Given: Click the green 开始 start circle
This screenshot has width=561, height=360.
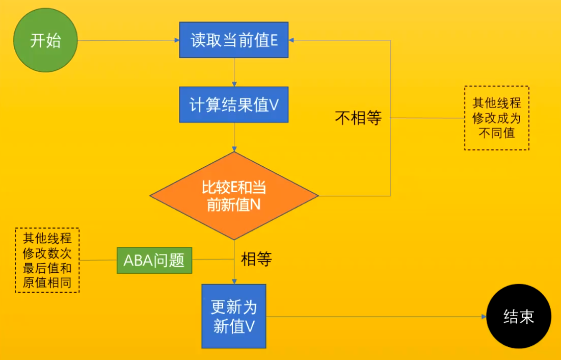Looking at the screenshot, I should point(45,40).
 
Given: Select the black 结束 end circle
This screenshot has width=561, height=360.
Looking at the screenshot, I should point(519,317).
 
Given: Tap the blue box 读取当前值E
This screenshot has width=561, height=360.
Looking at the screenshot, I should point(234,40).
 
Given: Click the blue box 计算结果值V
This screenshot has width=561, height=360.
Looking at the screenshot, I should point(234,105).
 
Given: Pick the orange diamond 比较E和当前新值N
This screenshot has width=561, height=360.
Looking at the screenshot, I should point(234,196).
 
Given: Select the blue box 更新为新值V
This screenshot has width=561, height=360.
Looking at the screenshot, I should point(234,316).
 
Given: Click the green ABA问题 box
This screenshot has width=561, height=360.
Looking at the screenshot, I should point(154,261).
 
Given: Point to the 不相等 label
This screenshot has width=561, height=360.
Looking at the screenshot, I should point(358,118).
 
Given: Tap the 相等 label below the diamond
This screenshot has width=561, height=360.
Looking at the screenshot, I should point(256,260).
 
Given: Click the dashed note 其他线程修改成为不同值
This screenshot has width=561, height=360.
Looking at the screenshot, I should point(496,118).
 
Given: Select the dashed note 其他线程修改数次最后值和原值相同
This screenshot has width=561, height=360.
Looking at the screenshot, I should point(47,260).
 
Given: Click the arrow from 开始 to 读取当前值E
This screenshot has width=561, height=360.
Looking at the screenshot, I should point(127,40).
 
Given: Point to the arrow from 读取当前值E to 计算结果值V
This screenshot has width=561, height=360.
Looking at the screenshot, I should point(234,72).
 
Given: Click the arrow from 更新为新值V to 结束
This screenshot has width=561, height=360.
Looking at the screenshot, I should point(377,317).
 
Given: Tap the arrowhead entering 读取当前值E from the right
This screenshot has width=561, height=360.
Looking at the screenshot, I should point(292,40).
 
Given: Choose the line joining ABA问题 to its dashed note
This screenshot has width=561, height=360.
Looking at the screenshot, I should point(98,261).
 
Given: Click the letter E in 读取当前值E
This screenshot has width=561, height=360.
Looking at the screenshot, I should point(274,41).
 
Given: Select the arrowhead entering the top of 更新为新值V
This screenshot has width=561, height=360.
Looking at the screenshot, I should point(234,281).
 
